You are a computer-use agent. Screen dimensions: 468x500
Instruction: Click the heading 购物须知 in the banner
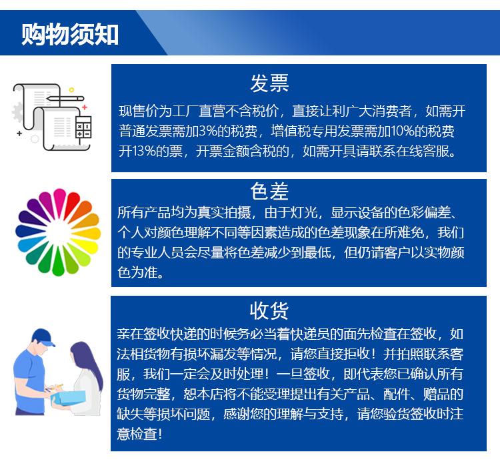70,33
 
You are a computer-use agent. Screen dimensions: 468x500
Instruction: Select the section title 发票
269,83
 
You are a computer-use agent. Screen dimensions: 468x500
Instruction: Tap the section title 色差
269,192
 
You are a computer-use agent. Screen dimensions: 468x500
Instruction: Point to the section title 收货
269,310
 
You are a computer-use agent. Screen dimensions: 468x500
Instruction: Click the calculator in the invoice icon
83,128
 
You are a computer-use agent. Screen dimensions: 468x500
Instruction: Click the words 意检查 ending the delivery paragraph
139,433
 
